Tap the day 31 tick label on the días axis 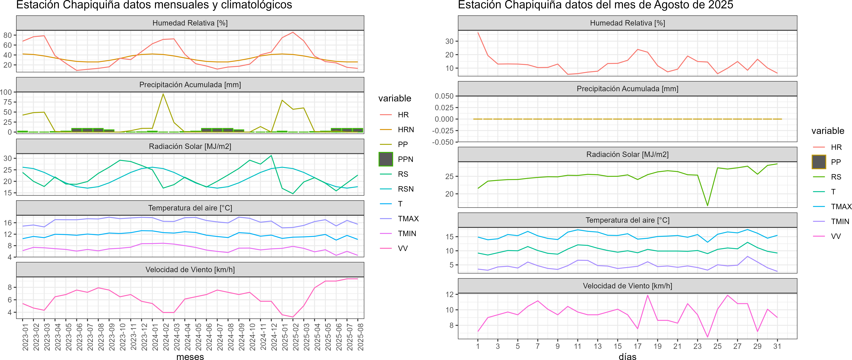pyautogui.click(x=777, y=346)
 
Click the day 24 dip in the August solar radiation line pyautogui.click(x=708, y=206)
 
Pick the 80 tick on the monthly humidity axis pyautogui.click(x=8, y=35)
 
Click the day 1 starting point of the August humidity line pyautogui.click(x=478, y=32)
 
